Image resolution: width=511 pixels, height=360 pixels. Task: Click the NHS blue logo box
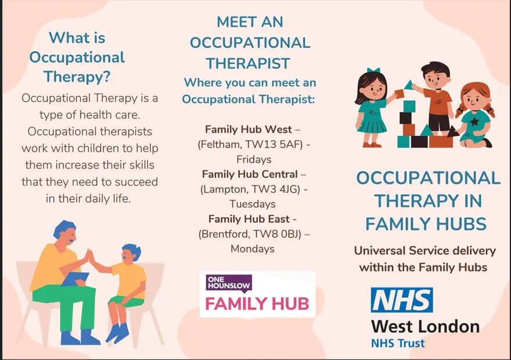tap(402, 300)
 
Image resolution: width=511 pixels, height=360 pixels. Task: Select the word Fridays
tap(254, 159)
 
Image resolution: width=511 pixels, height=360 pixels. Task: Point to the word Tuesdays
tap(253, 204)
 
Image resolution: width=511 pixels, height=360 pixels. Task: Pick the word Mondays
tap(253, 249)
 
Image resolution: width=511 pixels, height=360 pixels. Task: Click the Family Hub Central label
tap(250, 174)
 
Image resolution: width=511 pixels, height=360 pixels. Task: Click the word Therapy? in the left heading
tap(77, 77)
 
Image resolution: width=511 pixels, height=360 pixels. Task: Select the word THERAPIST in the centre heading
tap(248, 63)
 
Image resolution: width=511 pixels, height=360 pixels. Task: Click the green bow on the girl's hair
tap(373, 70)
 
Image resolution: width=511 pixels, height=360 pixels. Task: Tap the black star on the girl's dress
tap(475, 121)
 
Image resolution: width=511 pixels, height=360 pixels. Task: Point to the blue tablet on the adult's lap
tap(75, 279)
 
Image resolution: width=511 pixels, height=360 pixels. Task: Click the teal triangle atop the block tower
tap(409, 85)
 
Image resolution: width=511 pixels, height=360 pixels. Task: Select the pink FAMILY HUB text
tap(257, 304)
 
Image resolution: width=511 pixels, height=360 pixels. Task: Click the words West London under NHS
tap(425, 326)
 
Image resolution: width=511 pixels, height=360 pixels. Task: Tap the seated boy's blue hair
tap(132, 250)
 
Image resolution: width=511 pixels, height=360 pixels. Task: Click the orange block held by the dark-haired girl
tap(400, 94)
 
